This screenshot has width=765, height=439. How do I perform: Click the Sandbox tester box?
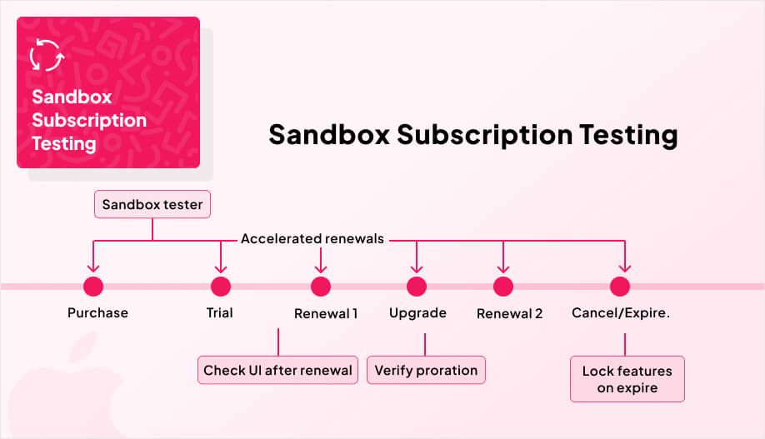point(152,204)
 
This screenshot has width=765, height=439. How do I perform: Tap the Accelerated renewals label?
point(312,239)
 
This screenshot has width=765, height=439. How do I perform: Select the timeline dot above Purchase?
point(92,287)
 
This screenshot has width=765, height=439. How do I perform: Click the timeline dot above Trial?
point(220,287)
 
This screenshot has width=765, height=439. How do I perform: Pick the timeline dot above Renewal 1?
point(321,287)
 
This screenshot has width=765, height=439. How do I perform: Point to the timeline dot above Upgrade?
point(417,287)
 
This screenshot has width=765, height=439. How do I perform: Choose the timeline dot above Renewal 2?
point(502,287)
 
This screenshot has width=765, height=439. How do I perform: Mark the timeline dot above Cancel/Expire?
point(619,287)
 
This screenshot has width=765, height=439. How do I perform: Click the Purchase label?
point(97,313)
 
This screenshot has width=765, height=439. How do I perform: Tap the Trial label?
point(219,313)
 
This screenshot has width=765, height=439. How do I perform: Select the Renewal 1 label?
point(326,314)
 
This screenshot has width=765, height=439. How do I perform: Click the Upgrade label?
point(417,313)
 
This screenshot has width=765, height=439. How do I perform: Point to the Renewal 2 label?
point(509,314)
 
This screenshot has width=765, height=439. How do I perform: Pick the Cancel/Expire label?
point(620,313)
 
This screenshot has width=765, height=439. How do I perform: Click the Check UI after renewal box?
point(277,371)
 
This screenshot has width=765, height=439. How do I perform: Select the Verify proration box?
point(426,371)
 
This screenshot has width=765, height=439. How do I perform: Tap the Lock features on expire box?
point(627,379)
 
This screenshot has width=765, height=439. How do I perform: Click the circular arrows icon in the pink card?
point(45,55)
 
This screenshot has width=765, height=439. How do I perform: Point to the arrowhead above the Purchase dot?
point(92,267)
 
